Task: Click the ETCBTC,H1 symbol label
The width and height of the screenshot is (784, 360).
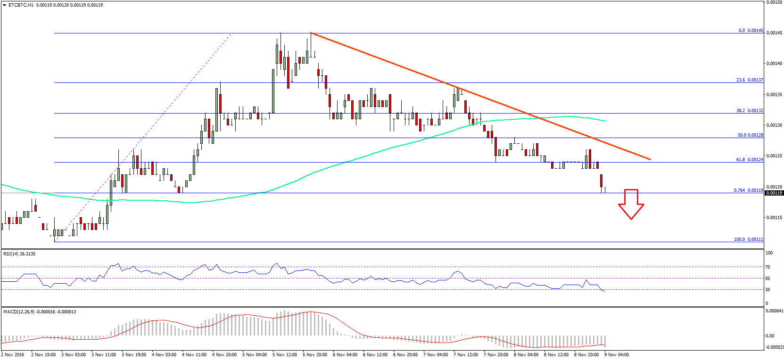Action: coord(21,5)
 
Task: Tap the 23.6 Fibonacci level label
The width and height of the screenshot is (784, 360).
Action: coord(750,80)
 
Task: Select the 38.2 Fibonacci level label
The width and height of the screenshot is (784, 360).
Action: coord(750,111)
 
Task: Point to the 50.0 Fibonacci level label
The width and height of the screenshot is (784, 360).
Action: coord(750,135)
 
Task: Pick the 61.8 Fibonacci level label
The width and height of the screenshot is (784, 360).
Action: coord(750,160)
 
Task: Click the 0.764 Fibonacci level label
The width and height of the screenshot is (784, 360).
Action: coord(748,190)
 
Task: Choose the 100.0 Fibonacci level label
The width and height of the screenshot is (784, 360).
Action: coord(748,239)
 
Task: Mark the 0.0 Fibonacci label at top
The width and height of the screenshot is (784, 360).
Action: coord(751,31)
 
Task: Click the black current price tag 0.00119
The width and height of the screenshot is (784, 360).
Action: coord(774,193)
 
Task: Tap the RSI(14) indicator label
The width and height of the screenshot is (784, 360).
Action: coord(19,254)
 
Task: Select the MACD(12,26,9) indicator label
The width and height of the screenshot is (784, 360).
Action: coord(40,312)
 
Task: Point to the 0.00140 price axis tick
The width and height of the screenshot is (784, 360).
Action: coord(774,64)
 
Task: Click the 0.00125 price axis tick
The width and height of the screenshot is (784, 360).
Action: coord(774,156)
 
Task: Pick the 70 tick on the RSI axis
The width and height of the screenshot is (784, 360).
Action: coord(768,267)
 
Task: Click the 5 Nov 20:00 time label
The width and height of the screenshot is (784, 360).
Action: coord(315,355)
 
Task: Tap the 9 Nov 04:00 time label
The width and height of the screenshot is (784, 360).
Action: coord(617,355)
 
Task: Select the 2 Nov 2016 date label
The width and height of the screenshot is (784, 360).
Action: coord(13,355)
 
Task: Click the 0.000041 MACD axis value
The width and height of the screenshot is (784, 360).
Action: coord(774,311)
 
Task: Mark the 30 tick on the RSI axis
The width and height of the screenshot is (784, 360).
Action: coord(768,290)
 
